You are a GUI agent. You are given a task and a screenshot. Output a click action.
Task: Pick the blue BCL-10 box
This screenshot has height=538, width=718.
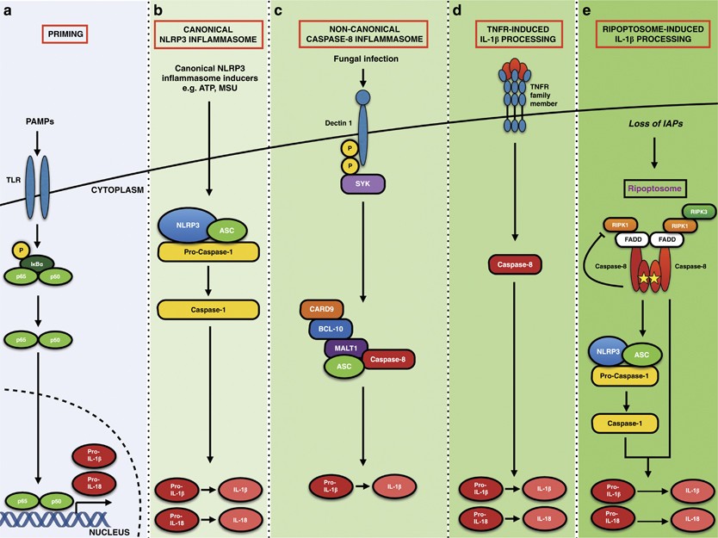[x=331, y=329]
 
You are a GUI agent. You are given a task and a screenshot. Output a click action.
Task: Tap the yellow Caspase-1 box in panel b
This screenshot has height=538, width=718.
[x=209, y=310]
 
